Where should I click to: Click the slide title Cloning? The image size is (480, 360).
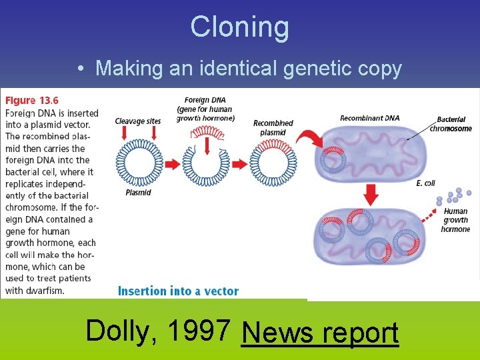pos(240,27)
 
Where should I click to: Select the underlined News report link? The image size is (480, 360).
pos(320,333)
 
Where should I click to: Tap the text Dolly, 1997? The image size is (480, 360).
pos(159,329)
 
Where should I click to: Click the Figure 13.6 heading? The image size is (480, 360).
pos(31,101)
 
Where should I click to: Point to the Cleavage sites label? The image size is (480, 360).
pos(138,121)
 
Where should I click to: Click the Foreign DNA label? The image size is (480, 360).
pos(205,109)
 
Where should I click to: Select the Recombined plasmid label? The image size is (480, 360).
pos(273,127)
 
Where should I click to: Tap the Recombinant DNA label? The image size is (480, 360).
pos(370,118)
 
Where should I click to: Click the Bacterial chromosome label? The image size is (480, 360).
pos(451,125)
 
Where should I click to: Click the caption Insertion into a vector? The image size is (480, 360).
pos(178,291)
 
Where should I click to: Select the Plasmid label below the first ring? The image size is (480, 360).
pos(138,193)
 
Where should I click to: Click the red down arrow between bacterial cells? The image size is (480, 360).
pos(372,193)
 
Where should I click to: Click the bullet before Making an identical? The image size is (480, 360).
pos(80,68)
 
